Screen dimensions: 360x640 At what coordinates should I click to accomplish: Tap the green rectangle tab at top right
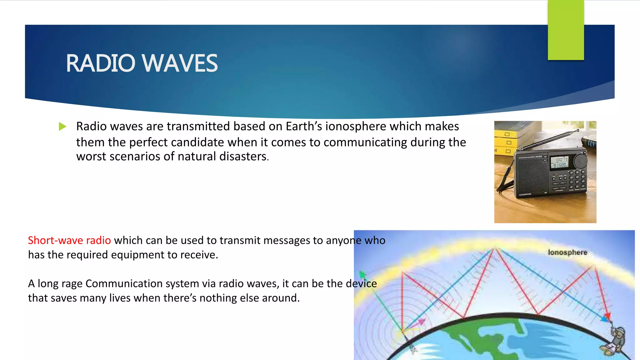point(566,30)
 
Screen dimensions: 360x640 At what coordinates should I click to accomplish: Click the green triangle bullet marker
point(62,127)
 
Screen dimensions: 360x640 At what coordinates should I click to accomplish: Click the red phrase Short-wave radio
point(69,240)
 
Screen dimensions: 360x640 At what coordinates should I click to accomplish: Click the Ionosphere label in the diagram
point(567,252)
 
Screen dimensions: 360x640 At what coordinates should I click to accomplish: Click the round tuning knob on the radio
point(581,161)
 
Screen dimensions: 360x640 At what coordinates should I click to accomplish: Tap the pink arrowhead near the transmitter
point(422,321)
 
